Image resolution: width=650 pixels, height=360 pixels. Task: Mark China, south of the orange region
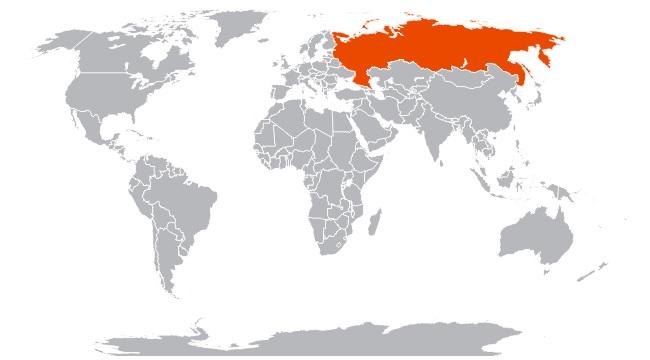(475, 110)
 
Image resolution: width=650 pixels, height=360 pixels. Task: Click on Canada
(120, 60)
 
